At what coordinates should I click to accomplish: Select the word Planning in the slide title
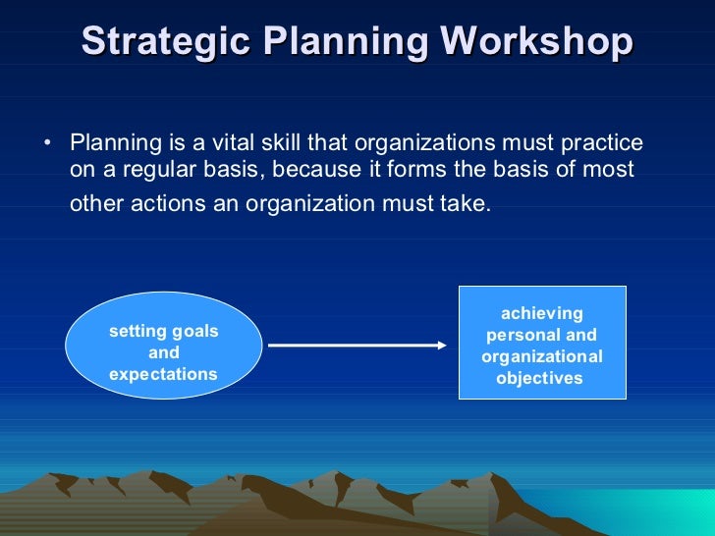pyautogui.click(x=349, y=42)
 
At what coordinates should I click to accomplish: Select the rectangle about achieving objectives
pyautogui.click(x=542, y=343)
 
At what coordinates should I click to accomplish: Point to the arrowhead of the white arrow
pyautogui.click(x=441, y=345)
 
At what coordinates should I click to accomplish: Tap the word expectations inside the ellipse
pyautogui.click(x=163, y=374)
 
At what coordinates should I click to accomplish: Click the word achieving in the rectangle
pyautogui.click(x=542, y=313)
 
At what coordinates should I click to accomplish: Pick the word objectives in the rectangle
pyautogui.click(x=539, y=378)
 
